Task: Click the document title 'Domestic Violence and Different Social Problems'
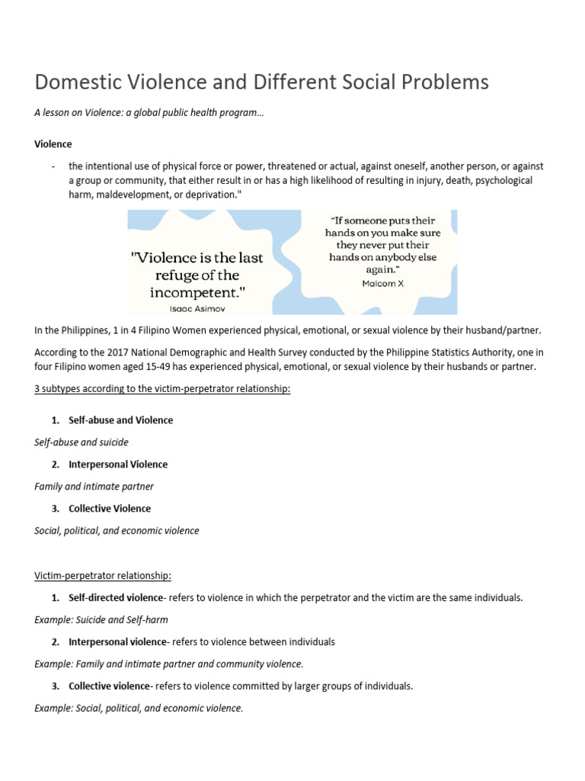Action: pyautogui.click(x=262, y=82)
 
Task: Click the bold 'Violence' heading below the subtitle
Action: pyautogui.click(x=53, y=143)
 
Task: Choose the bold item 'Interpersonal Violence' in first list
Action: pyautogui.click(x=118, y=464)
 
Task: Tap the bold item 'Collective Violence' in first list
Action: pyautogui.click(x=110, y=509)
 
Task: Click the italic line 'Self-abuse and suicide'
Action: pyautogui.click(x=82, y=442)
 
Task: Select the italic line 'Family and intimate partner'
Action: pyautogui.click(x=94, y=487)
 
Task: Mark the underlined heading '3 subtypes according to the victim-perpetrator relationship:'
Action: pyautogui.click(x=162, y=389)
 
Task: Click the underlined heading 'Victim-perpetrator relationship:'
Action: pyautogui.click(x=103, y=575)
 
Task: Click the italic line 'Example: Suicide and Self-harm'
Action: pyautogui.click(x=101, y=620)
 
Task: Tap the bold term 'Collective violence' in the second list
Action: pyautogui.click(x=109, y=686)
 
